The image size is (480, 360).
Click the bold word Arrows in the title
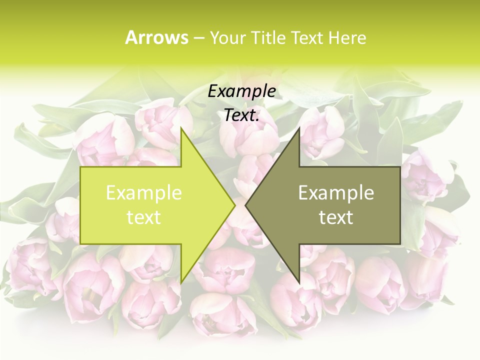pyautogui.click(x=156, y=37)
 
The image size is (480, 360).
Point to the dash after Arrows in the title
pyautogui.click(x=198, y=38)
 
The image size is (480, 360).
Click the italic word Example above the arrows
pyautogui.click(x=241, y=91)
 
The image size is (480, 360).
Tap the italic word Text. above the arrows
pyautogui.click(x=241, y=115)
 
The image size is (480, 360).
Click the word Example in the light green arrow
pyautogui.click(x=143, y=193)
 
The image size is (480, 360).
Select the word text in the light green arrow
pyautogui.click(x=143, y=217)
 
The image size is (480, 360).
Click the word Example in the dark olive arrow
pyautogui.click(x=336, y=193)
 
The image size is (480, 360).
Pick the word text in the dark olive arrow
pyautogui.click(x=336, y=217)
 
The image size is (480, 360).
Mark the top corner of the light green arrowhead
pyautogui.click(x=181, y=128)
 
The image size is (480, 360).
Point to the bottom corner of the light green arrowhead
pyautogui.click(x=181, y=282)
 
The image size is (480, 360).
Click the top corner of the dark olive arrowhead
pyautogui.click(x=299, y=128)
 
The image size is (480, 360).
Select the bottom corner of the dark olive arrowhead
pyautogui.click(x=299, y=282)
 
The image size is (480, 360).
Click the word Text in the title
pyautogui.click(x=306, y=38)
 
